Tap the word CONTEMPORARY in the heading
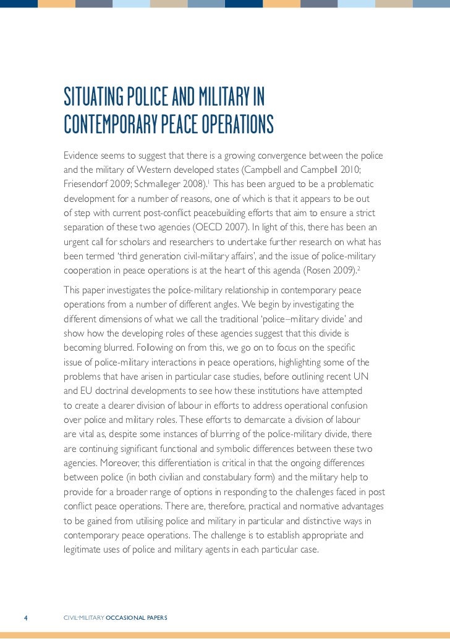(x=110, y=124)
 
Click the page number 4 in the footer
(x=25, y=617)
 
